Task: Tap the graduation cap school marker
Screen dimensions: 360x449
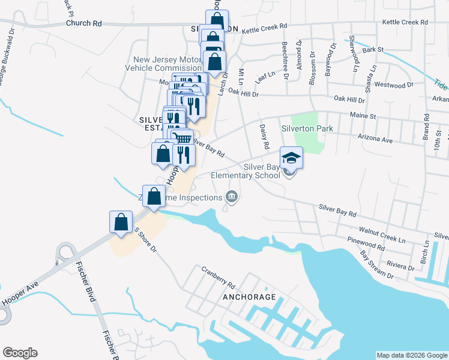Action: pos(291,158)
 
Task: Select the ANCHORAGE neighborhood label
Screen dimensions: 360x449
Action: pos(249,297)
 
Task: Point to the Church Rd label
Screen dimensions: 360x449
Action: pos(85,24)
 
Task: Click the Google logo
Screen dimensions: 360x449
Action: pos(20,353)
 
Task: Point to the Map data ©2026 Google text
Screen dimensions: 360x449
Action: pos(411,355)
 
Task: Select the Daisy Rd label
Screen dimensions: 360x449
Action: pos(265,137)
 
